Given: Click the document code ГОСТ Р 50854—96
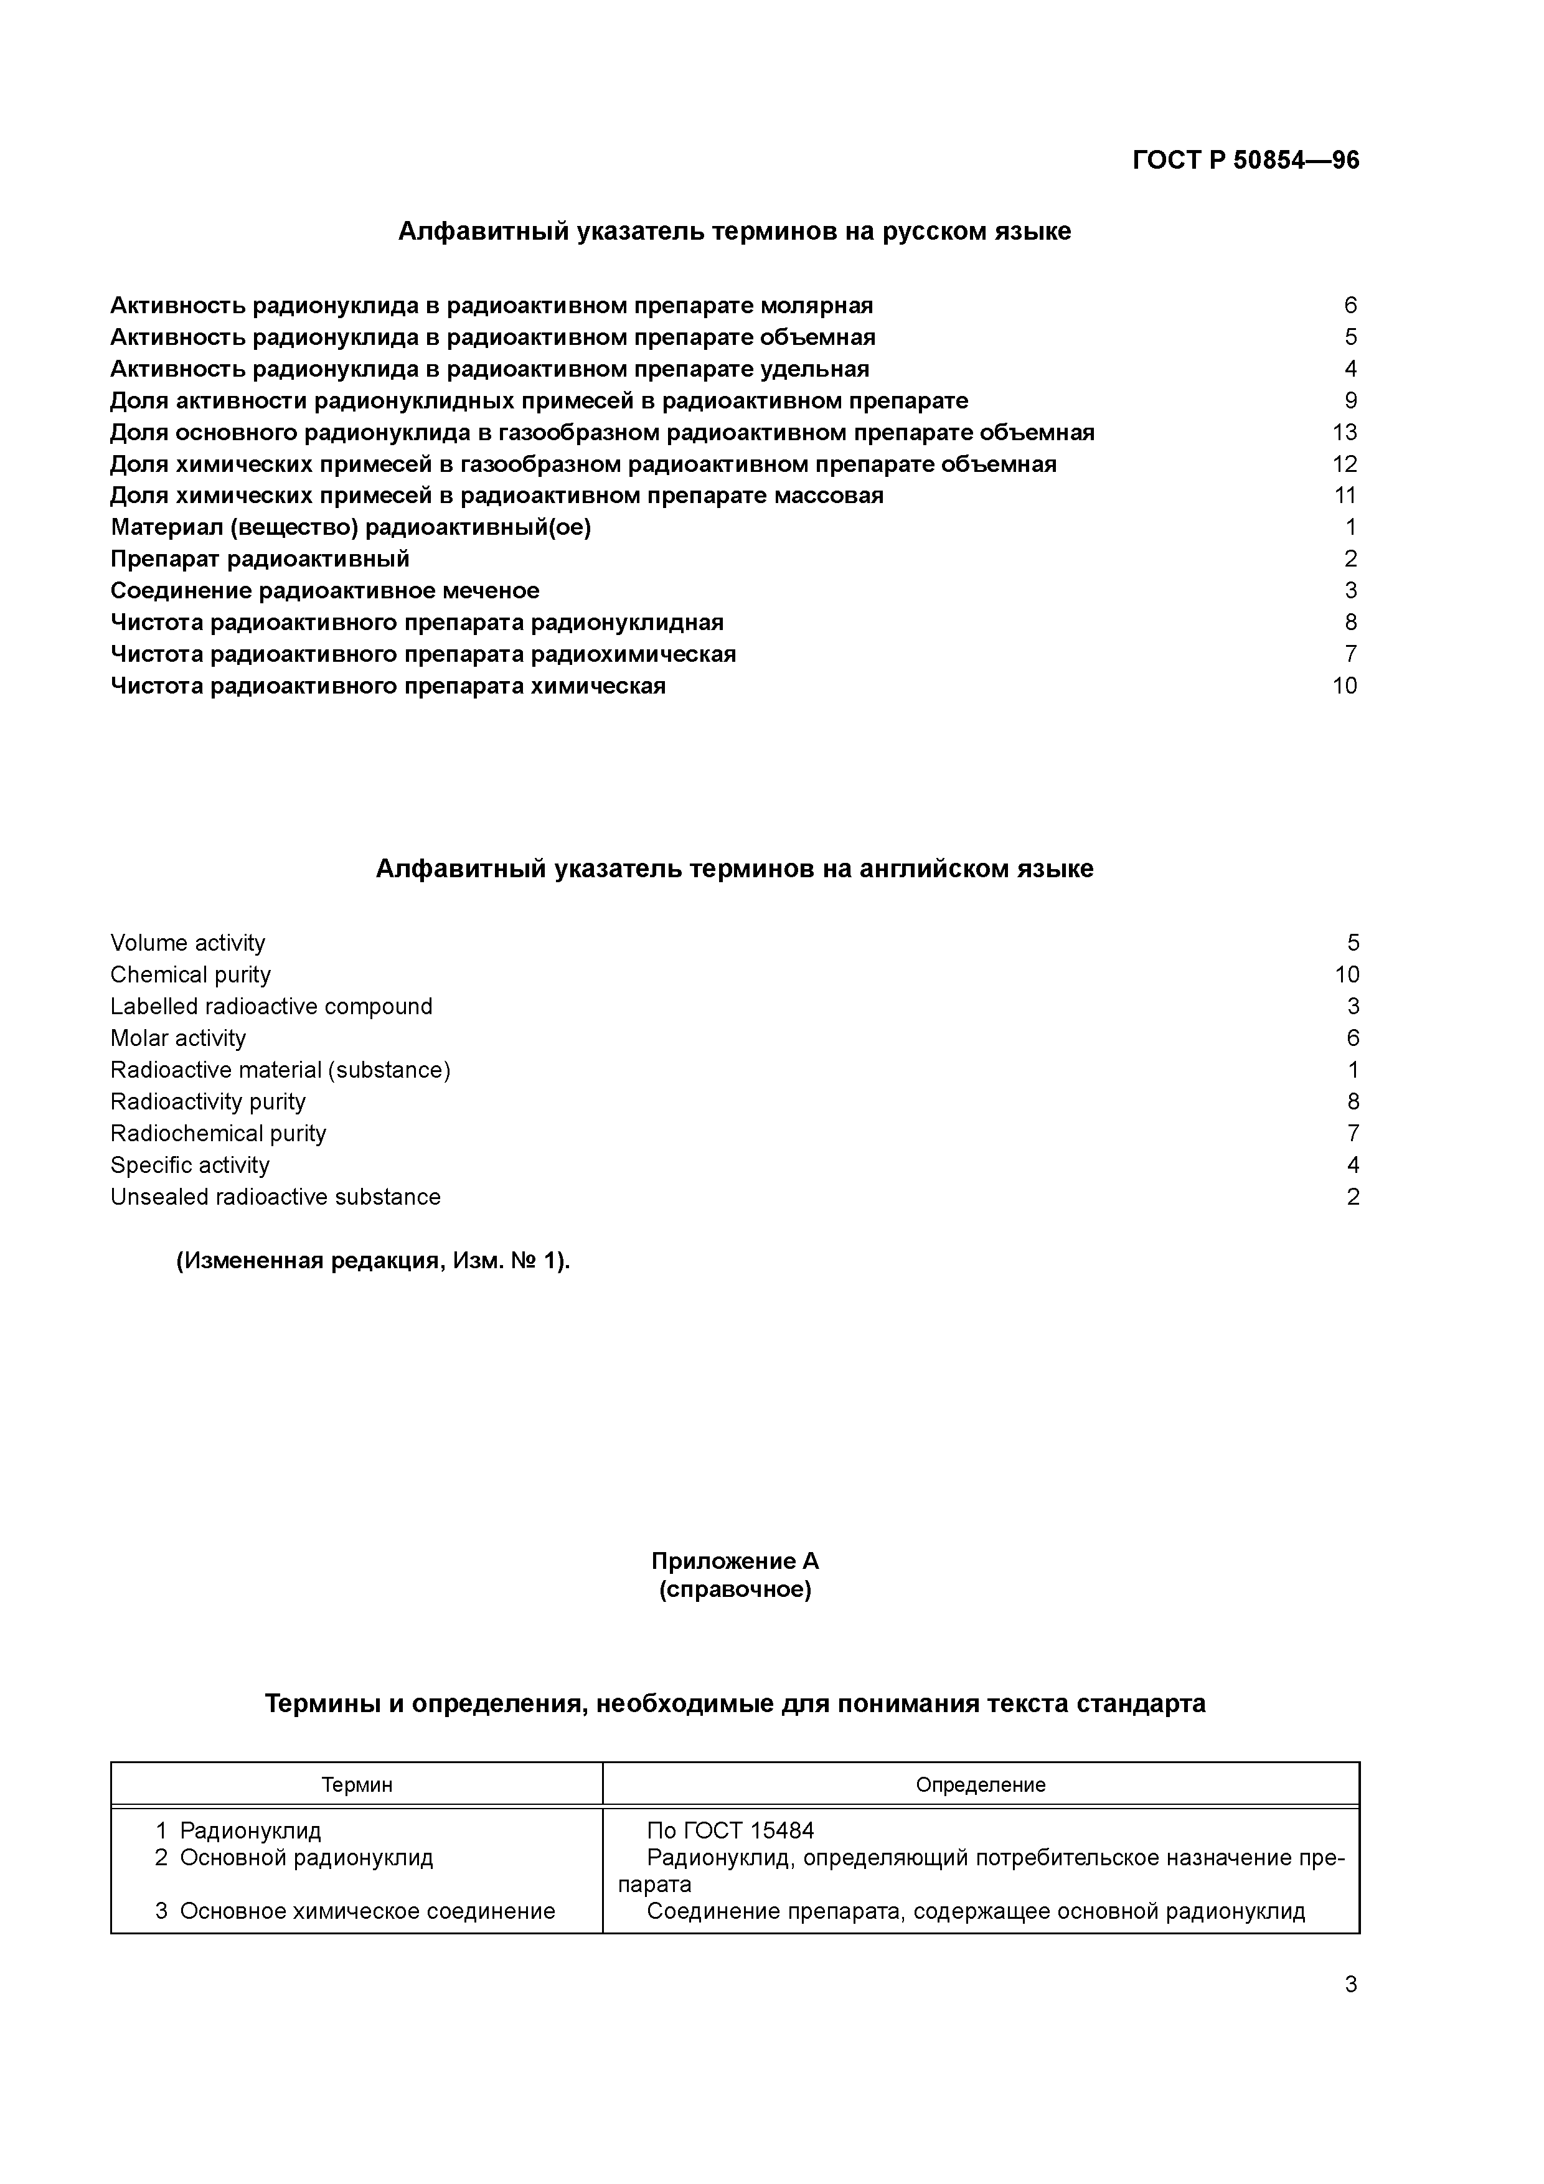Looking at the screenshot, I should click(x=1245, y=160).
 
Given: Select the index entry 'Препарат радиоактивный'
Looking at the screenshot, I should click(x=260, y=559).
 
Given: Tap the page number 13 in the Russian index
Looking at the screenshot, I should click(x=1344, y=433).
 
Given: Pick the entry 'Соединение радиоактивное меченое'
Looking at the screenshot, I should click(x=324, y=591).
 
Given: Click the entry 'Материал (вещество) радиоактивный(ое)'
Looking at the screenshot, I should click(x=350, y=527).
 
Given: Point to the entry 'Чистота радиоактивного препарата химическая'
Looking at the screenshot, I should click(x=388, y=686).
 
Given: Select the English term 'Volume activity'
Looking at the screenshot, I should click(x=187, y=943).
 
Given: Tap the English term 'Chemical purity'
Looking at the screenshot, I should click(x=191, y=975).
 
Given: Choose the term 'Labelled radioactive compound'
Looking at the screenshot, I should click(x=271, y=1006).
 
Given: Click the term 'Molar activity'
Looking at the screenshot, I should click(x=178, y=1038).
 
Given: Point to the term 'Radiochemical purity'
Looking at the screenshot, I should click(x=218, y=1133).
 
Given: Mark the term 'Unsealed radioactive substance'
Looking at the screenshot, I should click(x=275, y=1197).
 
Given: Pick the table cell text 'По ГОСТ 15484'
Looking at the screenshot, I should click(x=730, y=1831).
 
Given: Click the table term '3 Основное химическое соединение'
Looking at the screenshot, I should click(x=355, y=1911).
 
